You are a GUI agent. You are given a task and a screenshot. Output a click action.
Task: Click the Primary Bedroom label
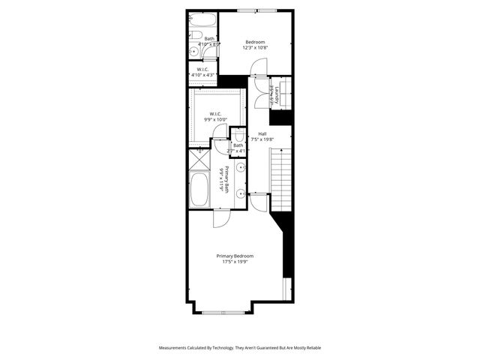234,255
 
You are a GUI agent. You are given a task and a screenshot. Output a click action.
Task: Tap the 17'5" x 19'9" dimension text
234,262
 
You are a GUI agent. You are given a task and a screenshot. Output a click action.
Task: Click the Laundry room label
277,95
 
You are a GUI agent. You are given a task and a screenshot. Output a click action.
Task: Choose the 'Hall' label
262,133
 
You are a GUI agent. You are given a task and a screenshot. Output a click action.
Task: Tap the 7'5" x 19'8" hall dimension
262,139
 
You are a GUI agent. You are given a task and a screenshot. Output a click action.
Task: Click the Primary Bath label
221,179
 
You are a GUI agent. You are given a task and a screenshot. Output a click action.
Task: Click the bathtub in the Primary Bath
199,190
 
